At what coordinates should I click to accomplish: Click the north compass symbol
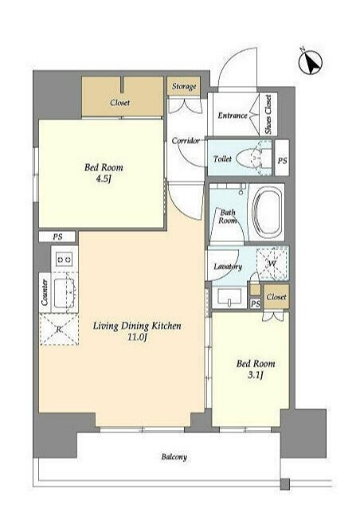pos(311,62)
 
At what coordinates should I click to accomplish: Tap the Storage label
pos(184,87)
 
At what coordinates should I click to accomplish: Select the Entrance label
pos(233,115)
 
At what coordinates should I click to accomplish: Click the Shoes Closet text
pos(268,115)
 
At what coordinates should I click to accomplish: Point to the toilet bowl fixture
pos(252,158)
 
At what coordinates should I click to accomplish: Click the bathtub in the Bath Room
pos(268,211)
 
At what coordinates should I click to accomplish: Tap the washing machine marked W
pos(272,264)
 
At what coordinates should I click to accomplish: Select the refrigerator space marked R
pos(59,330)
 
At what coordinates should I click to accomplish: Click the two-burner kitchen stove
pos(65,259)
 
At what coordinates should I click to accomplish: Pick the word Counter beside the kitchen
pos(45,291)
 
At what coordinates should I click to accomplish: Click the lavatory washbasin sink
pos(229,297)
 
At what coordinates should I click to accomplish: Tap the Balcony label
pos(174,457)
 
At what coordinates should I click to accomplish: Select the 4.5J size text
pos(104,179)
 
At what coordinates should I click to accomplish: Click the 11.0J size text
pos(137,338)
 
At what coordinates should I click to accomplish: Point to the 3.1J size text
pos(256,375)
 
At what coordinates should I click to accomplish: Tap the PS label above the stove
pos(57,237)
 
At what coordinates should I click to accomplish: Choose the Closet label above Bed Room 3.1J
pos(276,297)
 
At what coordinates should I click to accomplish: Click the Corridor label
pos(186,141)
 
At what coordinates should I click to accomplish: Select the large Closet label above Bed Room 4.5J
pos(119,103)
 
